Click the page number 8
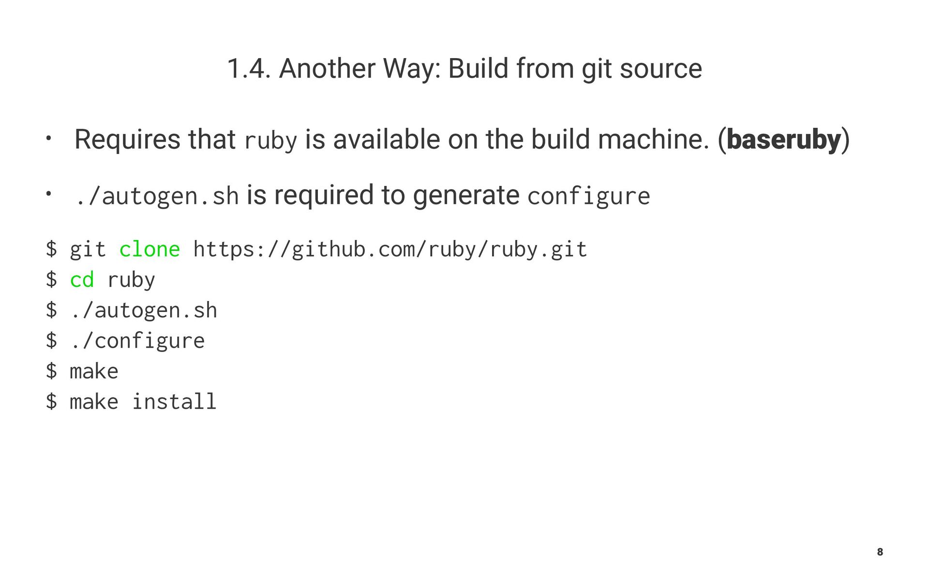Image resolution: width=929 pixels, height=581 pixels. (880, 552)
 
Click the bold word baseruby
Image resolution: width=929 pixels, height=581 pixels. (783, 140)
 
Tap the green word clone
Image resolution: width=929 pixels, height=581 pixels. (150, 250)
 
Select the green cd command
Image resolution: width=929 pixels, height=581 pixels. (82, 280)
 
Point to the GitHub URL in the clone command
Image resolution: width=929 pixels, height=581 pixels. (390, 250)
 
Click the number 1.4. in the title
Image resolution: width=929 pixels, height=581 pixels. (248, 69)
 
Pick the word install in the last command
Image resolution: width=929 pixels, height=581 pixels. (174, 402)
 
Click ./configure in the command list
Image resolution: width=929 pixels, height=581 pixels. (137, 341)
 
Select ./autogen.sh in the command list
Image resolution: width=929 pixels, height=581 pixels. (144, 311)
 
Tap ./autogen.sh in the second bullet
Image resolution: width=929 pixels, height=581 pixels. (157, 197)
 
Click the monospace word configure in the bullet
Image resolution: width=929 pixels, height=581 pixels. (588, 197)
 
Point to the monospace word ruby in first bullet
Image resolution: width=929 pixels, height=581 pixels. (270, 141)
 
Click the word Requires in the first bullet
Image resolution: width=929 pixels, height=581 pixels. (127, 140)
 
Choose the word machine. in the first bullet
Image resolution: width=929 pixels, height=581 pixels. (653, 140)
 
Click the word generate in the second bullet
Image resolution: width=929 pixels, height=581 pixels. (466, 196)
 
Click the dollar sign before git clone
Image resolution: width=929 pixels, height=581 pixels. (51, 250)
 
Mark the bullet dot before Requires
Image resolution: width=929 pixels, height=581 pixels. (48, 138)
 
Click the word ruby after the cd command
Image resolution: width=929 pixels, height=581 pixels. (131, 280)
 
